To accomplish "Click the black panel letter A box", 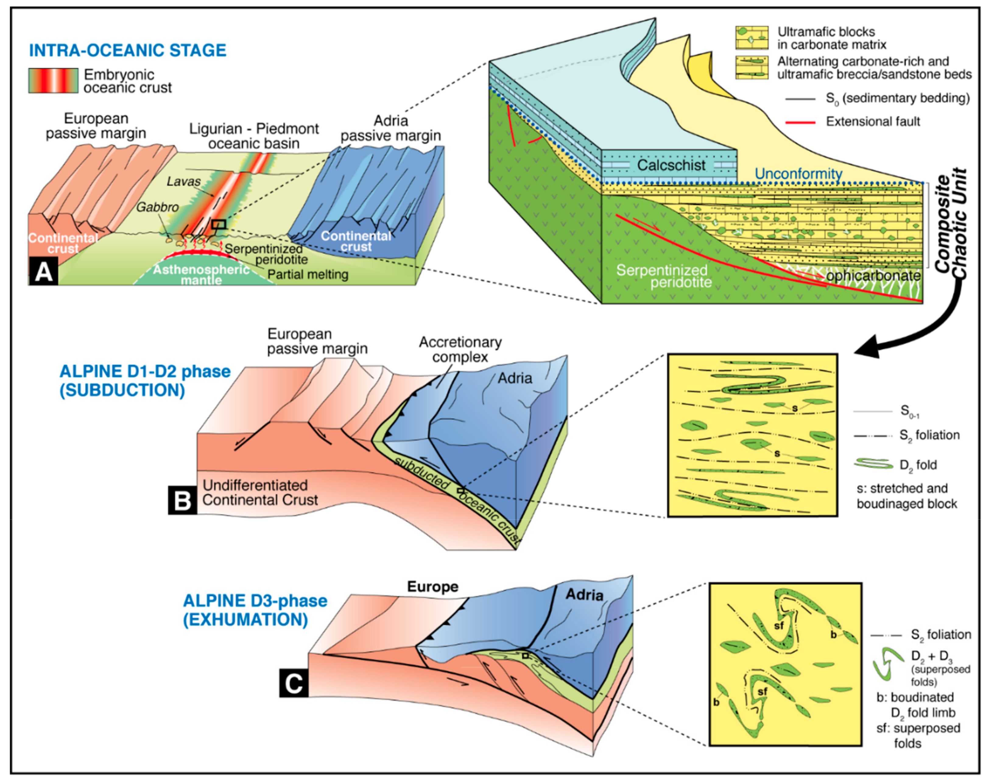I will (x=44, y=272).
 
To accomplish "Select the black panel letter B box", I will (x=182, y=500).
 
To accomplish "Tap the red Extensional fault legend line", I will (x=800, y=122).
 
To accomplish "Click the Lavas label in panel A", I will (x=183, y=182).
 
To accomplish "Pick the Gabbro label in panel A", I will (x=157, y=207).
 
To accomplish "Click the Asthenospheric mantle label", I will (x=201, y=274).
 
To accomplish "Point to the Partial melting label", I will (x=308, y=274).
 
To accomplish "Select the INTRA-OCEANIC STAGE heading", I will (x=128, y=50).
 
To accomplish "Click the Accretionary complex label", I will (x=460, y=349).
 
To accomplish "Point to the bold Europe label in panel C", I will (x=432, y=587).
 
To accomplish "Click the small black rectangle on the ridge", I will (x=219, y=224).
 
